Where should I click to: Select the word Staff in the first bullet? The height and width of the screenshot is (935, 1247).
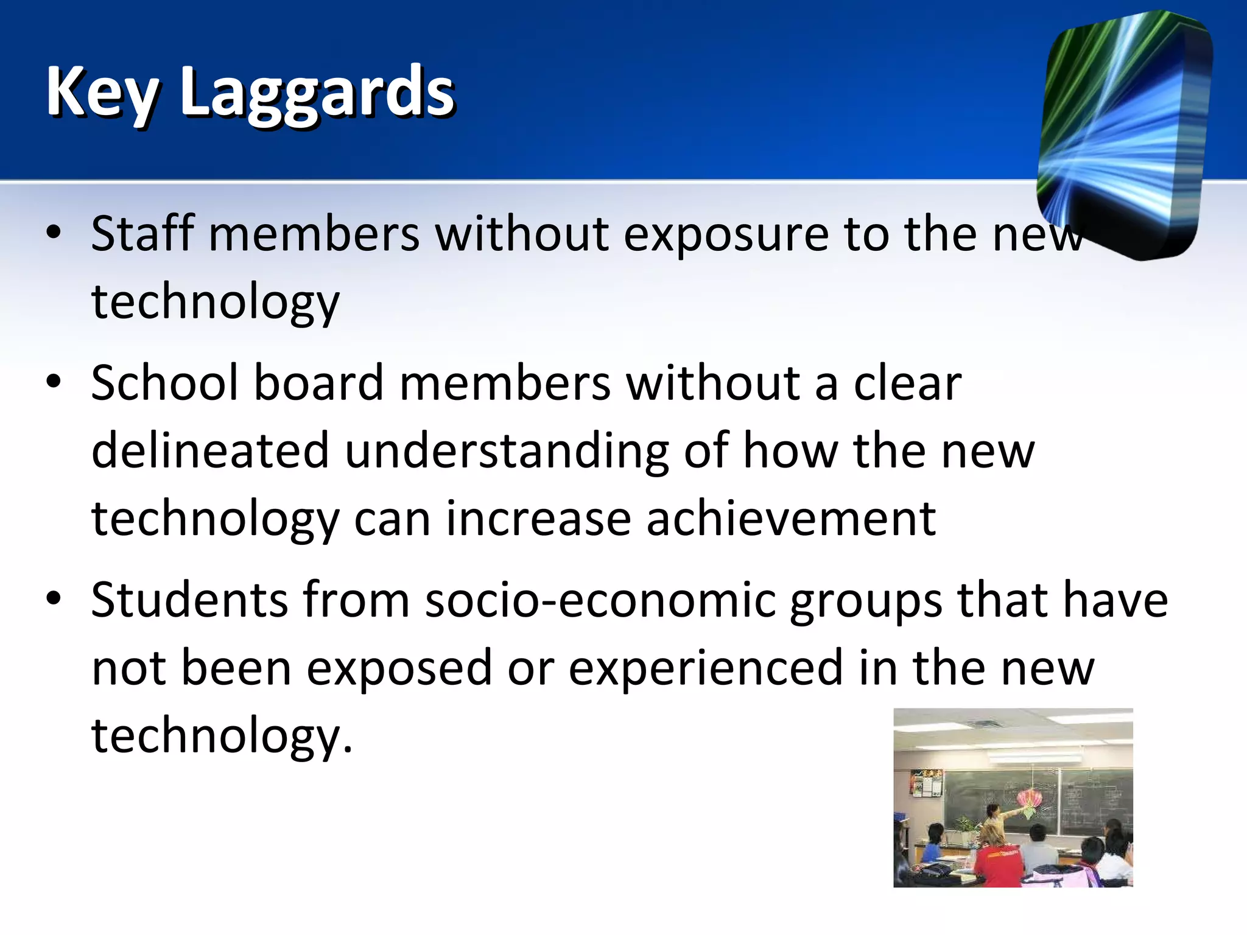coord(142,234)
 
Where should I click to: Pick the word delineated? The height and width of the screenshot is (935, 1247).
coord(211,451)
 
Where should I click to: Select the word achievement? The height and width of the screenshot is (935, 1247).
coord(790,519)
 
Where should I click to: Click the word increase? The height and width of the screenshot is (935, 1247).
coord(538,519)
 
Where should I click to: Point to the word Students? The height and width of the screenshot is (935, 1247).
coord(189,600)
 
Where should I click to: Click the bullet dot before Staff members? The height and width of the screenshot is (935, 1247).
coord(54,233)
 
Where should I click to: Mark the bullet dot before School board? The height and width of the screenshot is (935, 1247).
coord(54,382)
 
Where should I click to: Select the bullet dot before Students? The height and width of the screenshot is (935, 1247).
coord(54,598)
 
